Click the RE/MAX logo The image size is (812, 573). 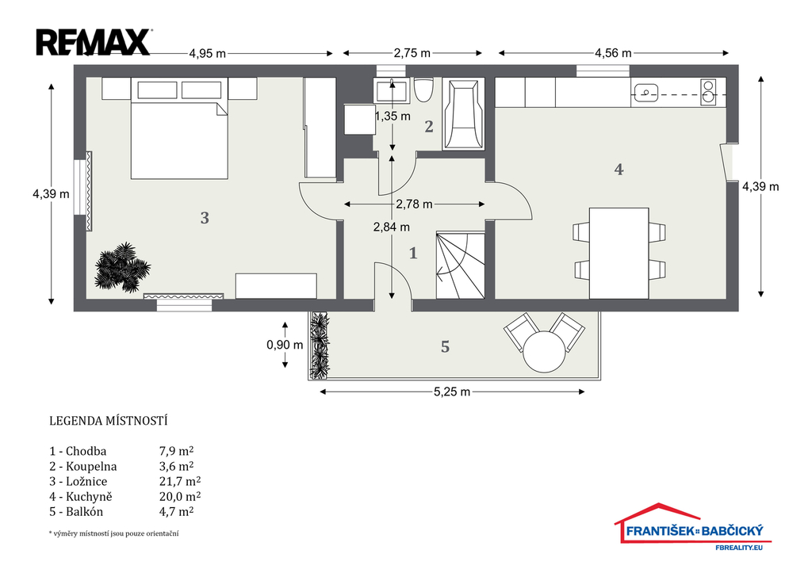click(94, 43)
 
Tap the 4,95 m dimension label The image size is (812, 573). click(207, 53)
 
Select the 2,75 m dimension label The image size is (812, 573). click(412, 53)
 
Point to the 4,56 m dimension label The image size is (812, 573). click(613, 53)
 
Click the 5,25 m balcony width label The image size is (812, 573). click(452, 392)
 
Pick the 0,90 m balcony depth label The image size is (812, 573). click(285, 345)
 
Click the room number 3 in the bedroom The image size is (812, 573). click(205, 218)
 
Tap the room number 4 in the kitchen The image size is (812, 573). click(619, 170)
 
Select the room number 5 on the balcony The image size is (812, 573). click(446, 347)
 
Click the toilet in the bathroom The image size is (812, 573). click(423, 90)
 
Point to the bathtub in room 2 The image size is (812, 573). click(463, 114)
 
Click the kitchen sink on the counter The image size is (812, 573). click(645, 94)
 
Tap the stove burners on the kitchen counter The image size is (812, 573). click(708, 92)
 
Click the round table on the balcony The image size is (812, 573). click(544, 351)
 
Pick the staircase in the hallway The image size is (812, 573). click(461, 265)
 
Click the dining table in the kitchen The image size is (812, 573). click(619, 253)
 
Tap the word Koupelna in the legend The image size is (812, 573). click(91, 466)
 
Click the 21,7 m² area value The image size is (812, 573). click(180, 481)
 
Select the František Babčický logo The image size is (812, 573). click(693, 527)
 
